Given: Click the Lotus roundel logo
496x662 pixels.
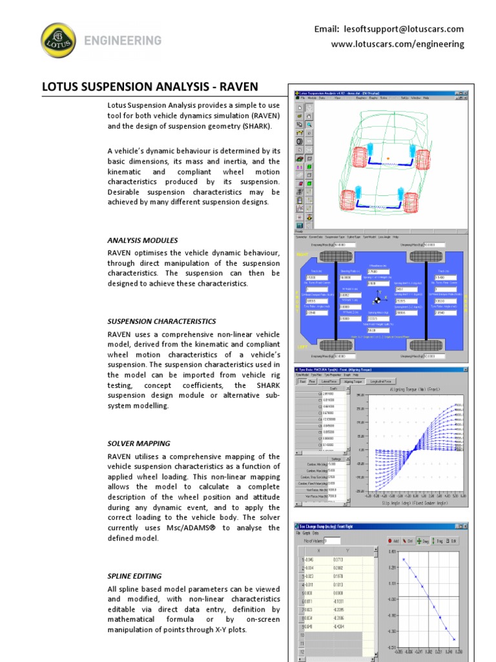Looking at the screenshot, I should click(58, 40).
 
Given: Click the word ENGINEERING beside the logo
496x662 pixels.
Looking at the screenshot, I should click(122, 41).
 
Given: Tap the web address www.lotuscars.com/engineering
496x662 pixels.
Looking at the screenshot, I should click(397, 44).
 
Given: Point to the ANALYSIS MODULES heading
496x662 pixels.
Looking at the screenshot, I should click(142, 240).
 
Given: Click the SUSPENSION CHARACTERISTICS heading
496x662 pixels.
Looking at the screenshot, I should click(161, 321).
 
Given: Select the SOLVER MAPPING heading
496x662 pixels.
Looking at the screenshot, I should click(139, 443).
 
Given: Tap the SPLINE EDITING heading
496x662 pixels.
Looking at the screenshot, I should click(134, 576).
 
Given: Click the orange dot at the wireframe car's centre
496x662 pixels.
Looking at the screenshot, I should click(387, 158).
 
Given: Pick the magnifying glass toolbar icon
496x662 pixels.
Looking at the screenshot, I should click(309, 123).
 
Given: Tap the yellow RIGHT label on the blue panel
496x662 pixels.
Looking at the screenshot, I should click(302, 255).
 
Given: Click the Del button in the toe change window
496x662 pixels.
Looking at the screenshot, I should click(409, 540).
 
